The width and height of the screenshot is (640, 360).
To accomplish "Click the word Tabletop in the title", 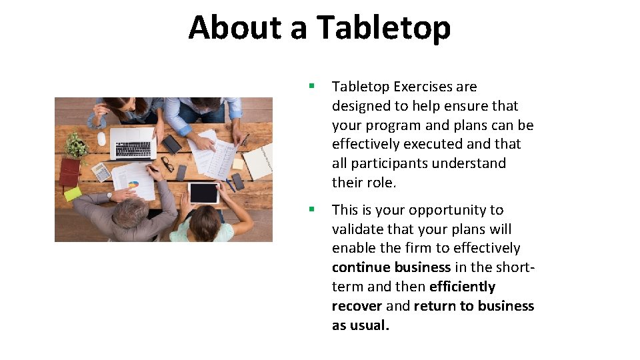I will click(383, 28).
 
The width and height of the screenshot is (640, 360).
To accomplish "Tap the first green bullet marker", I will click(311, 86).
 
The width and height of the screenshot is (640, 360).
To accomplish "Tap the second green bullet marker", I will click(311, 209).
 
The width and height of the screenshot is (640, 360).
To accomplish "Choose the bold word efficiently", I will click(462, 287).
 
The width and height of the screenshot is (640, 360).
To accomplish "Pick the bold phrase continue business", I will click(391, 267).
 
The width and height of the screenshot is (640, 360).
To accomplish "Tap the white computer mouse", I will click(101, 139).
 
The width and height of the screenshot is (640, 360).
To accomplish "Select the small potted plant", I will click(77, 145).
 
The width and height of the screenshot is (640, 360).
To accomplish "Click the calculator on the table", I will click(101, 172).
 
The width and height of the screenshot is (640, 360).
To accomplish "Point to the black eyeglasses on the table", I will click(167, 163).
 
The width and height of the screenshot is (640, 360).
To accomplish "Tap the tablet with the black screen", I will click(203, 193).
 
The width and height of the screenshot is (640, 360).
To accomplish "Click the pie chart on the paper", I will click(133, 184).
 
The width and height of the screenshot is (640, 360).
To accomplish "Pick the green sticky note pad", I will click(72, 194).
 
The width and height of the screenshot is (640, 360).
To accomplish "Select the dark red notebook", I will click(69, 172).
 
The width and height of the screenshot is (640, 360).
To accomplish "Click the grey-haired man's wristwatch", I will click(109, 197).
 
